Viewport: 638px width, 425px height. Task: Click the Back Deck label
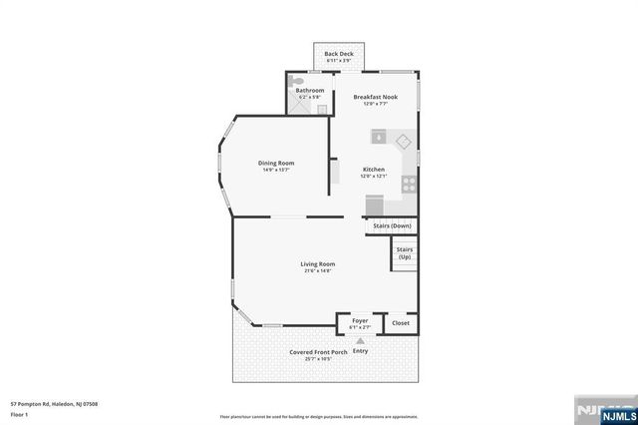coord(339,54)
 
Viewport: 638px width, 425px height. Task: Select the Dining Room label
coord(276,163)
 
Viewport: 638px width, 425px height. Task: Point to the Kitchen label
coord(374,170)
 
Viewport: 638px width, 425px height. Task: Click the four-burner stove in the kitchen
coord(408,183)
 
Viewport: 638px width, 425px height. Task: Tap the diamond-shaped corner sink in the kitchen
coord(404,140)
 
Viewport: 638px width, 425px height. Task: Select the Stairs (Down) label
coord(392,225)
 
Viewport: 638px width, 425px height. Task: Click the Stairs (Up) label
coord(404,253)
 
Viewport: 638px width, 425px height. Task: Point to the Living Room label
coord(318,263)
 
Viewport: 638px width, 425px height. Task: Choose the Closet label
coord(400,322)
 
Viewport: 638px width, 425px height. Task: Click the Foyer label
coord(360,320)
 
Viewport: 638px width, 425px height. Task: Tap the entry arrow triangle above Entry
coord(360,340)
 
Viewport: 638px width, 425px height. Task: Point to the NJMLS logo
coord(604,409)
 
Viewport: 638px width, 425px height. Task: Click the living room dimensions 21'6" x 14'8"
coord(318,270)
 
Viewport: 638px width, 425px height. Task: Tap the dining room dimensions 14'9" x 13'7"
coord(276,170)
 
